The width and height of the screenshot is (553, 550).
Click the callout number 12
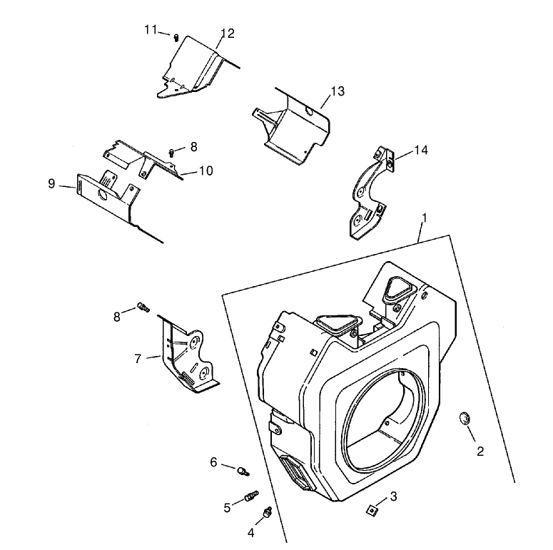coord(228,34)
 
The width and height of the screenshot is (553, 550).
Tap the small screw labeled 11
coord(176,37)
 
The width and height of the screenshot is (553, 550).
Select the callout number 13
coord(337,91)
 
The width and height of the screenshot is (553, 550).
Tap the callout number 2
coord(480,451)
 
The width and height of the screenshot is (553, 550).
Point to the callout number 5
coord(228,508)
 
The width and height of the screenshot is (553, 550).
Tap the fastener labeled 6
coord(245,470)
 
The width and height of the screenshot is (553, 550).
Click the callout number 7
coord(138,358)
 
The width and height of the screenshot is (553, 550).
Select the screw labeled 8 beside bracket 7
coord(143,307)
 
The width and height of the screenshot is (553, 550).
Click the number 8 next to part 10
coord(193,146)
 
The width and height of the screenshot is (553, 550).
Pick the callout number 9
coord(51,183)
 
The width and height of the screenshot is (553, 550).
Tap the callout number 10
coord(206,171)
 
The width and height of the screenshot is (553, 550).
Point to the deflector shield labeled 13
coord(293,125)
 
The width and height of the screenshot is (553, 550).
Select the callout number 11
coord(151,29)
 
